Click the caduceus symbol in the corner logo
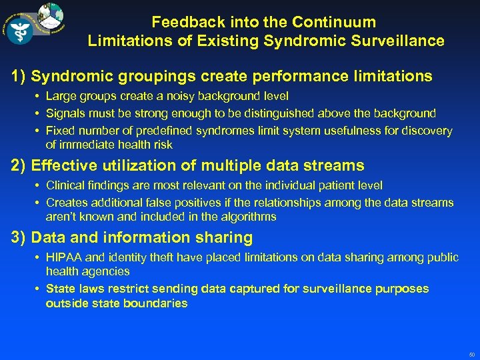[20, 30]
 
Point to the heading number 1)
[19, 77]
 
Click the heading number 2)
[19, 165]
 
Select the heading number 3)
[19, 237]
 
